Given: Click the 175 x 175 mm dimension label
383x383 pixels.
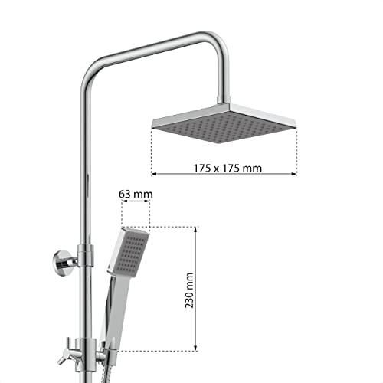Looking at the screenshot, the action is click(x=228, y=168).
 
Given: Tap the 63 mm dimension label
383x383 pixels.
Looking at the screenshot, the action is click(x=136, y=194).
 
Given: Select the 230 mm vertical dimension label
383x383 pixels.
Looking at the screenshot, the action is click(x=189, y=290).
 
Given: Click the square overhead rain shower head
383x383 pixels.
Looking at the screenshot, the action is click(x=224, y=123).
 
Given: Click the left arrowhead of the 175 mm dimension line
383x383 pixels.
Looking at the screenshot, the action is click(x=154, y=174).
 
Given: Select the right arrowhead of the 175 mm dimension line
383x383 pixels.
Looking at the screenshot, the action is click(x=294, y=174).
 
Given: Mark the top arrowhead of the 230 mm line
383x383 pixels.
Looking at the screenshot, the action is click(x=195, y=229).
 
